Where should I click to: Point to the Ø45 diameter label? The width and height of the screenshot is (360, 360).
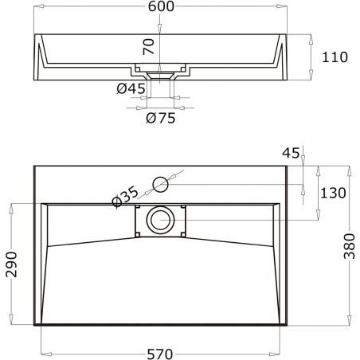(131, 88)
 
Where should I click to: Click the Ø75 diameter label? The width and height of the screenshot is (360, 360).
(160, 119)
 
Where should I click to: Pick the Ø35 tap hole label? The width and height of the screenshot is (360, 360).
(127, 197)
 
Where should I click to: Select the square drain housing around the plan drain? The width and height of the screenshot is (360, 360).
(161, 220)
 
